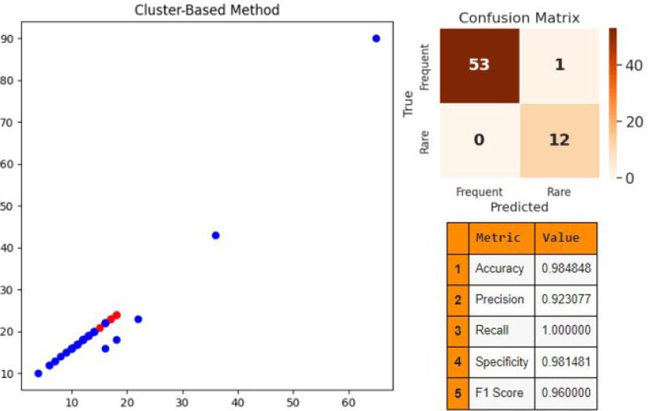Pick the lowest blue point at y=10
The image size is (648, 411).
[38, 373]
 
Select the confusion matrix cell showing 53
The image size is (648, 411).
[478, 65]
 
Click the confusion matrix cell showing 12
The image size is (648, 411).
[558, 140]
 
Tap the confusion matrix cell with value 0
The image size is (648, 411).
[478, 140]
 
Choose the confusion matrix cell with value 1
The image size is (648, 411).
[558, 65]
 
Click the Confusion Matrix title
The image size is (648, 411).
[519, 17]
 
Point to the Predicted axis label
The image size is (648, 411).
[518, 207]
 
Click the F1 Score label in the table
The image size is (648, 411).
[499, 392]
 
